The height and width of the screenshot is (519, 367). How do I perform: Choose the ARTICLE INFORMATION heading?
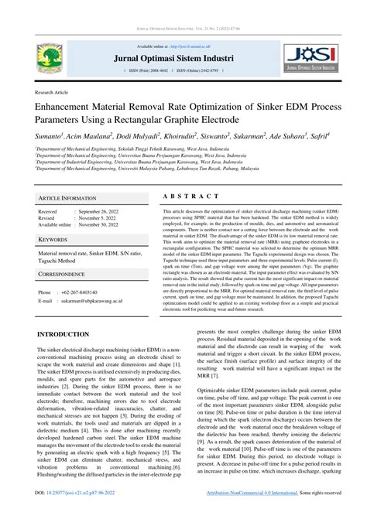67,198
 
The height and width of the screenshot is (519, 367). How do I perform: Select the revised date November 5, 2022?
96,217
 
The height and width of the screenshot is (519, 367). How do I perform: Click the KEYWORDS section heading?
53,240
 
